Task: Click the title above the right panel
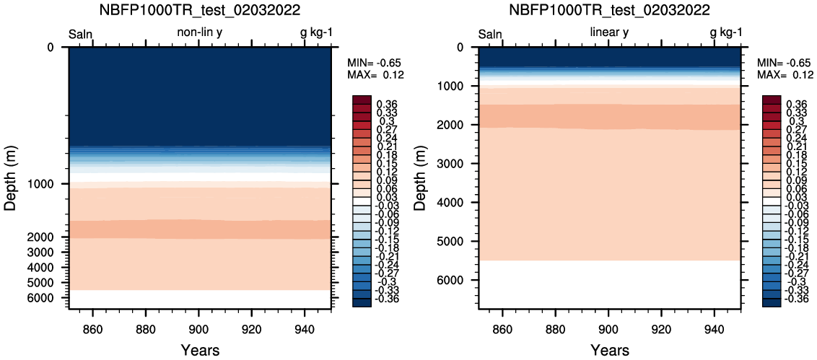[x=610, y=10]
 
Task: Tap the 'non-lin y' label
[x=200, y=32]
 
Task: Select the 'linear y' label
[x=609, y=32]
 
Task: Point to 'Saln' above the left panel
[x=81, y=35]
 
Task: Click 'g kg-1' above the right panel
[x=726, y=33]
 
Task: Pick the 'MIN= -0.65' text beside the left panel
[x=373, y=63]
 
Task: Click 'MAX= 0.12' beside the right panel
[x=785, y=75]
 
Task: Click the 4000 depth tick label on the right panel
[x=455, y=202]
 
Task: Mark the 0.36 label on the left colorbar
[x=386, y=104]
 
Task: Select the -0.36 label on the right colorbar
[x=797, y=299]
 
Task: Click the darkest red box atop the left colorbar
[x=362, y=100]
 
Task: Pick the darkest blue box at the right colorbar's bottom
[x=771, y=301]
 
